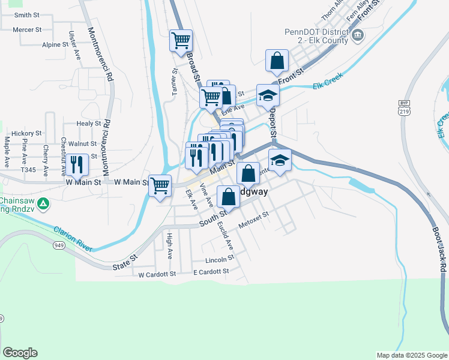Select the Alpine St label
(55, 44)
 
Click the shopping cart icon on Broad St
(181, 41)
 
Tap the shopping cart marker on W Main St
(160, 185)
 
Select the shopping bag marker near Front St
(277, 61)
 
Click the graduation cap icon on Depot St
(268, 95)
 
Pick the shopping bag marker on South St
(228, 196)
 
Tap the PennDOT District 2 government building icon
(358, 35)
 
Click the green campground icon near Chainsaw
(43, 204)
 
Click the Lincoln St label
(218, 260)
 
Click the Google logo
(20, 353)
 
